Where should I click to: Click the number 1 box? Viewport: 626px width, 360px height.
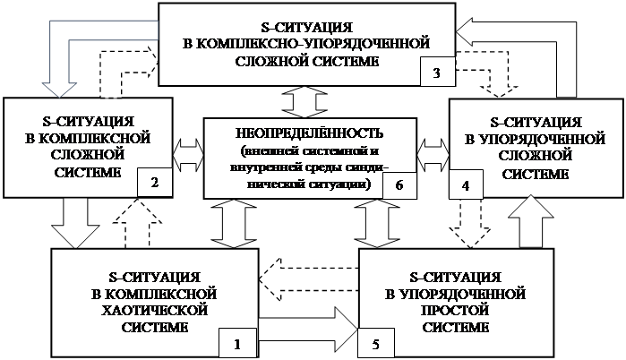[237, 342]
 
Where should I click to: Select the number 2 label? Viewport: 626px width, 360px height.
[155, 184]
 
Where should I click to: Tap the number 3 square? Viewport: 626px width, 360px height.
[436, 73]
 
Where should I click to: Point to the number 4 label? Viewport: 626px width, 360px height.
[466, 184]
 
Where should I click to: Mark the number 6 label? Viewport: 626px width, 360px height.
[399, 184]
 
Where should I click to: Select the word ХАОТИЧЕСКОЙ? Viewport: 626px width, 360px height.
[156, 310]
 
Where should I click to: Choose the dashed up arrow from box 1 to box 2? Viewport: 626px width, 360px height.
[131, 222]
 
